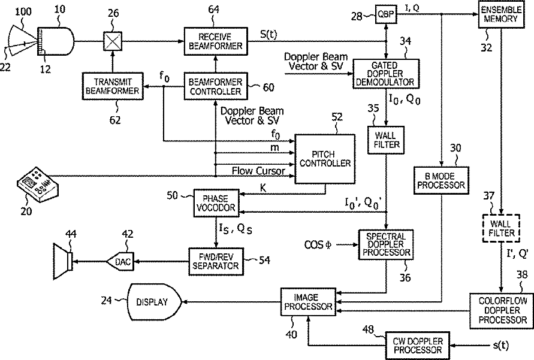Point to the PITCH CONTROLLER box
(x=324, y=158)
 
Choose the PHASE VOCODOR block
(x=215, y=202)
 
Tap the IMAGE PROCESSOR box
(x=306, y=302)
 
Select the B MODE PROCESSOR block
(x=441, y=181)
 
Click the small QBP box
(x=384, y=13)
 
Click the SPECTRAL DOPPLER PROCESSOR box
(x=386, y=244)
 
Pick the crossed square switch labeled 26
(x=111, y=41)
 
